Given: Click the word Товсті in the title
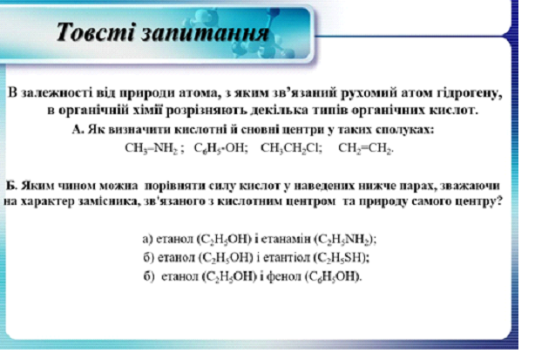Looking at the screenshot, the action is tap(95, 31).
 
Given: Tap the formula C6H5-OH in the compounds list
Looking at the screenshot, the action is tap(220, 148).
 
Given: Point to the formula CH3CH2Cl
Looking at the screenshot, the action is tap(291, 148).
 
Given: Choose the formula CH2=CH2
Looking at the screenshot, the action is tap(365, 148).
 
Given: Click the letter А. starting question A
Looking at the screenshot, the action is tap(78, 130).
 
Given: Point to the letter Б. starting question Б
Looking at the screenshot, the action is tap(11, 186).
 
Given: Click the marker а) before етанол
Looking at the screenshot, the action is tap(147, 240).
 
